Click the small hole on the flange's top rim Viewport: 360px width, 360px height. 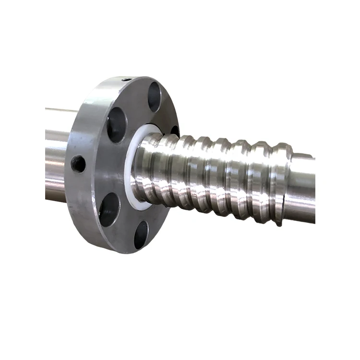coord(125,80)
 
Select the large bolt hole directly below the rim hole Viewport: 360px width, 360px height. coord(117,124)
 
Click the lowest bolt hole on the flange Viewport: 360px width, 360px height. coord(141,234)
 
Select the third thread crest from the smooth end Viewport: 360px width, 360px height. coord(240,178)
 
